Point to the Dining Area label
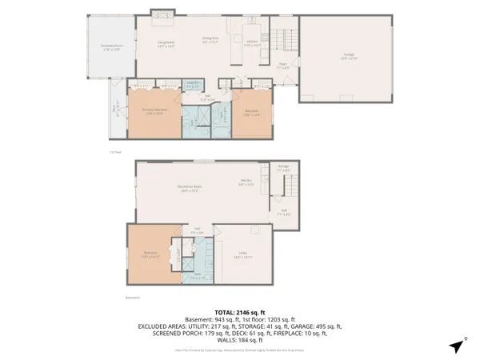click(x=210, y=41)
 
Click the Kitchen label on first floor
click(x=252, y=45)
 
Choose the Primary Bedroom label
click(x=154, y=111)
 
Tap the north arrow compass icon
click(x=456, y=346)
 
